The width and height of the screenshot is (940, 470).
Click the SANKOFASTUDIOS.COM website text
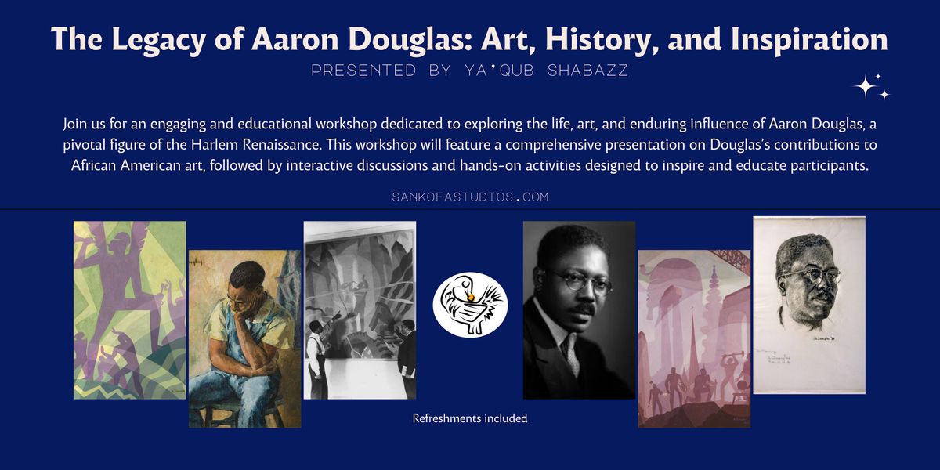coord(470,197)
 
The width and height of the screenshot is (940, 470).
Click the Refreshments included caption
coord(470,418)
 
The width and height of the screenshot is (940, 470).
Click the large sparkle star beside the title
coord(865,86)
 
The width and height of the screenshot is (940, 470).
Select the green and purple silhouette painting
coord(130,310)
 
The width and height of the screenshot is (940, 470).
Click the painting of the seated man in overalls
coord(244,338)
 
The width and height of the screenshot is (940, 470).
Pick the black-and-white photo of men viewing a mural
coord(360,310)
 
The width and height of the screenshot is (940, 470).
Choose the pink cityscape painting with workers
coord(694,338)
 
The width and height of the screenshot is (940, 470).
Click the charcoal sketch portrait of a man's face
coord(809,304)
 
